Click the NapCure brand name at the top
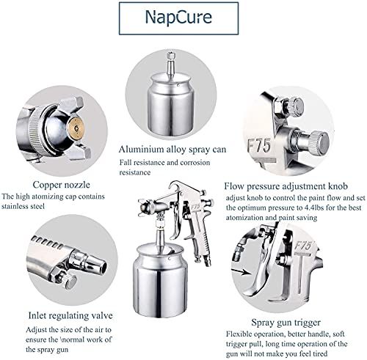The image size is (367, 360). coord(178,18)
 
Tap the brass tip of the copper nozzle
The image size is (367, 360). coord(76,128)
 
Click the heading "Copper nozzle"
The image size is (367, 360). coord(62,185)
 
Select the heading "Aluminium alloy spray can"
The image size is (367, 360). coord(172,150)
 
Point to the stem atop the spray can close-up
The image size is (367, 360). coord(171,63)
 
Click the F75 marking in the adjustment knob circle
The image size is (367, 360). coord(259,146)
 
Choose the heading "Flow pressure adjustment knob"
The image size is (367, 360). coord(286,186)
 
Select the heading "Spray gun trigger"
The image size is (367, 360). coord(286,323)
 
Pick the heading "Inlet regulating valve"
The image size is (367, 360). coord(70,315)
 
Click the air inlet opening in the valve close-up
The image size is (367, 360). coord(102,266)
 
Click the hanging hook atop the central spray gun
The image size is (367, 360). coord(177,185)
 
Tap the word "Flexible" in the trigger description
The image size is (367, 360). coord(239,334)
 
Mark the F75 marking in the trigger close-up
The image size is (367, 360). coord(302,246)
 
